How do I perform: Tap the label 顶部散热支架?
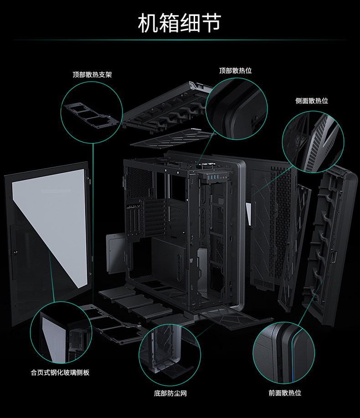pos(92,74)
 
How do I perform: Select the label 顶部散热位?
pos(235,71)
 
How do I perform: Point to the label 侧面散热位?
pos(312,101)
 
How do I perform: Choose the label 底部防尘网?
pos(170,393)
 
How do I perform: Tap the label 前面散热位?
pos(284,392)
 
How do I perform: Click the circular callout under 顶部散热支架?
pos(92,112)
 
